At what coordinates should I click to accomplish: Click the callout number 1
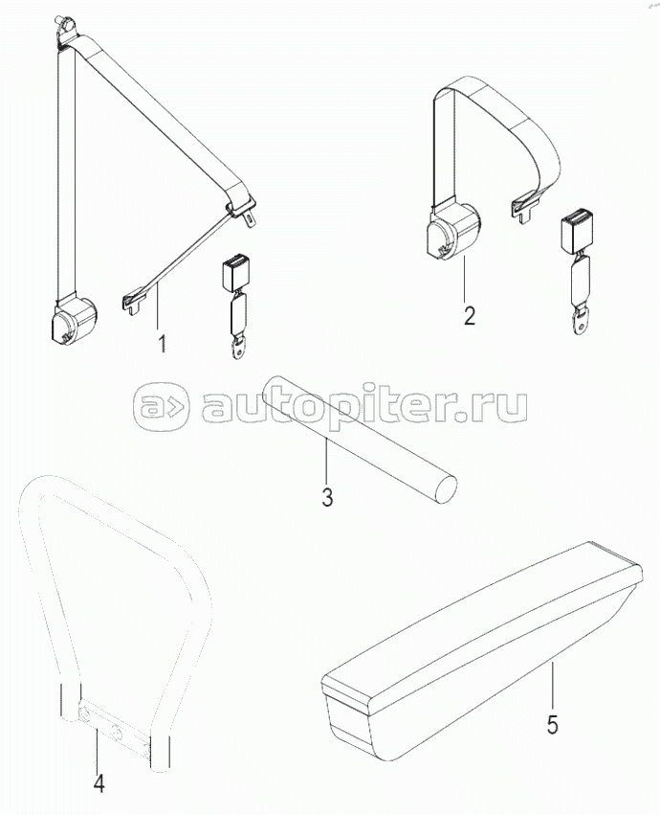point(162,344)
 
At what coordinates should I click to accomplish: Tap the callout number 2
point(470,316)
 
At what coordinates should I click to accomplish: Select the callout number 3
point(327,497)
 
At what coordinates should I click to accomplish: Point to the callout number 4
point(99,783)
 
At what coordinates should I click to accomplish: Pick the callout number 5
point(553,725)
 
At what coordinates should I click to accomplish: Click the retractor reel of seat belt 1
point(75,320)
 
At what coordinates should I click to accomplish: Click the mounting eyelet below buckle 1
point(238,348)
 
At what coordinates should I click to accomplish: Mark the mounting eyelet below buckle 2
point(581,321)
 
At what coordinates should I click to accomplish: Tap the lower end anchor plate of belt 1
point(136,302)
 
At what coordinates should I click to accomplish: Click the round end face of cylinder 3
point(446,488)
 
